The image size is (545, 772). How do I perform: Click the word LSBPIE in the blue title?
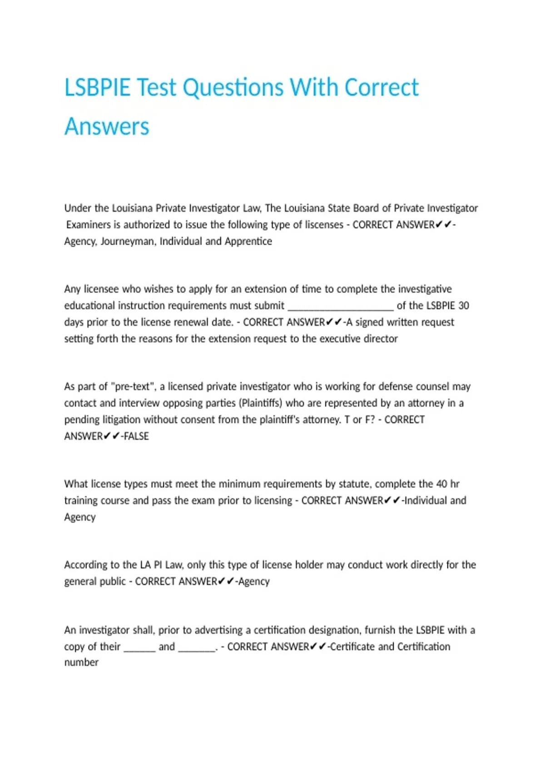[97, 87]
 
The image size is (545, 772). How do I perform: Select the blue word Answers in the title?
[107, 126]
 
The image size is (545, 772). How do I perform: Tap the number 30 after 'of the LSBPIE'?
[464, 306]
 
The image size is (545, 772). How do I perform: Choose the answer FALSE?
[136, 436]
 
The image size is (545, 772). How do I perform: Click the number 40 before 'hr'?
[441, 484]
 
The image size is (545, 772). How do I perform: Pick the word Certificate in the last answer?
[352, 647]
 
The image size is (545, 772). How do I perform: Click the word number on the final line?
[81, 663]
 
